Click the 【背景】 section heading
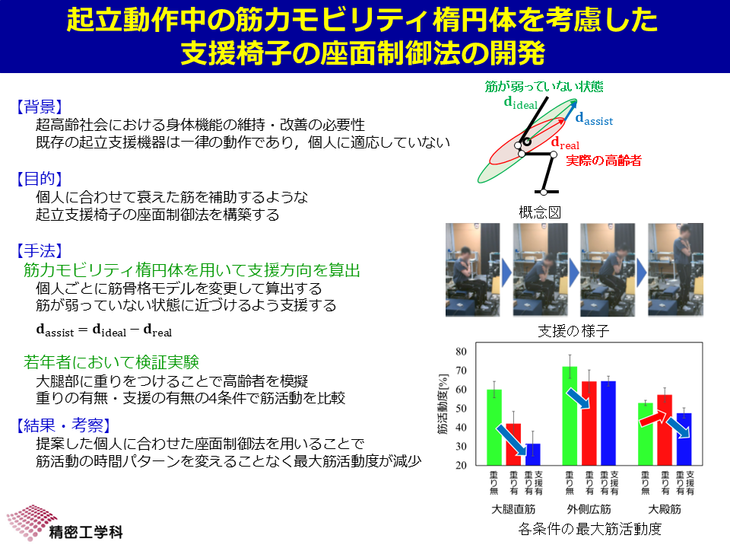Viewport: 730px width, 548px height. (x=39, y=107)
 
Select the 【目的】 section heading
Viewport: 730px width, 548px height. (x=39, y=178)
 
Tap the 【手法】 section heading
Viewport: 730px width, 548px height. (x=39, y=250)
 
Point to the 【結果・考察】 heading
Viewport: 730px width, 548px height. (x=63, y=425)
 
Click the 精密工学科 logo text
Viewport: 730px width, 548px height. (x=86, y=532)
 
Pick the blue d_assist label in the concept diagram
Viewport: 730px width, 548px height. (x=594, y=119)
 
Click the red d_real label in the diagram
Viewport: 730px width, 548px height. (x=565, y=142)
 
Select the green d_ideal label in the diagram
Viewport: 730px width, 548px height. (x=520, y=103)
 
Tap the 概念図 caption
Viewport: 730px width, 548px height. (x=540, y=212)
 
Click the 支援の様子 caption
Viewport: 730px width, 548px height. (x=573, y=331)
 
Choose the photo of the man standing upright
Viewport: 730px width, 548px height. (x=675, y=269)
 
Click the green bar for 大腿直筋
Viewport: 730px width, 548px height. (x=494, y=427)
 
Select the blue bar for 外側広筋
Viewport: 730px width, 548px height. (x=608, y=423)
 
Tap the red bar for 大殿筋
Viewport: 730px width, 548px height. (x=665, y=429)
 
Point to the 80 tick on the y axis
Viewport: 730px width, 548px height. (x=461, y=352)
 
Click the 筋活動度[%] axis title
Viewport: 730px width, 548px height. (x=443, y=404)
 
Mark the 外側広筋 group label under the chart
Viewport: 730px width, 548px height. (x=589, y=509)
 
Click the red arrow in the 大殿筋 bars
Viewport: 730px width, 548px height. (x=652, y=418)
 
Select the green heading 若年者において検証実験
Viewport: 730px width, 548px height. (x=111, y=362)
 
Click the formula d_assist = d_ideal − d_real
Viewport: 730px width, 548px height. (x=104, y=330)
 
